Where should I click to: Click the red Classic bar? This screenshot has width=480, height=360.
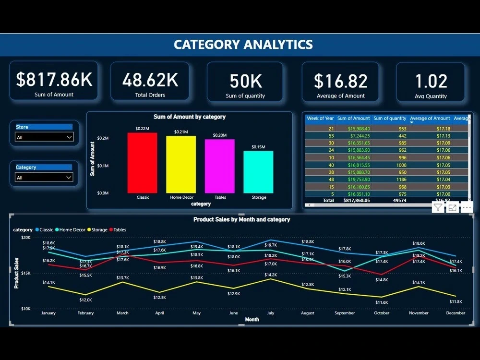(x=142, y=163)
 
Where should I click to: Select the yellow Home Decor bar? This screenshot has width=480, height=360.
(x=181, y=164)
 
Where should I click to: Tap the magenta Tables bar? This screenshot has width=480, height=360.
(x=219, y=166)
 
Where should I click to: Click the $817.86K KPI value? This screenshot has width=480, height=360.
(x=54, y=80)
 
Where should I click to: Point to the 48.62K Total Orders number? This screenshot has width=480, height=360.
(x=150, y=80)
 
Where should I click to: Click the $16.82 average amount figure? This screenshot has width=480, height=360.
(x=340, y=81)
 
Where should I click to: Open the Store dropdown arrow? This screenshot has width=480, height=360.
(x=69, y=137)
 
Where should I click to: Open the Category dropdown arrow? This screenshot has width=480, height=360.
(x=69, y=178)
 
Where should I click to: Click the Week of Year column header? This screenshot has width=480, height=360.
(x=320, y=118)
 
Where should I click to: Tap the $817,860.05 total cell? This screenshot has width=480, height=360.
(x=354, y=200)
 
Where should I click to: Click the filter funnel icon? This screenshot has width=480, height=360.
(x=438, y=207)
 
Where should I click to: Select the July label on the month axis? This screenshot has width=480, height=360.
(x=270, y=313)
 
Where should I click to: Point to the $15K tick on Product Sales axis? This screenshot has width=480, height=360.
(x=25, y=273)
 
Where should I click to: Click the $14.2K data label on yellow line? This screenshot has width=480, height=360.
(x=271, y=275)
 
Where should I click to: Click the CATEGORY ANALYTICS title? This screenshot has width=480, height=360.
(x=243, y=45)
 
